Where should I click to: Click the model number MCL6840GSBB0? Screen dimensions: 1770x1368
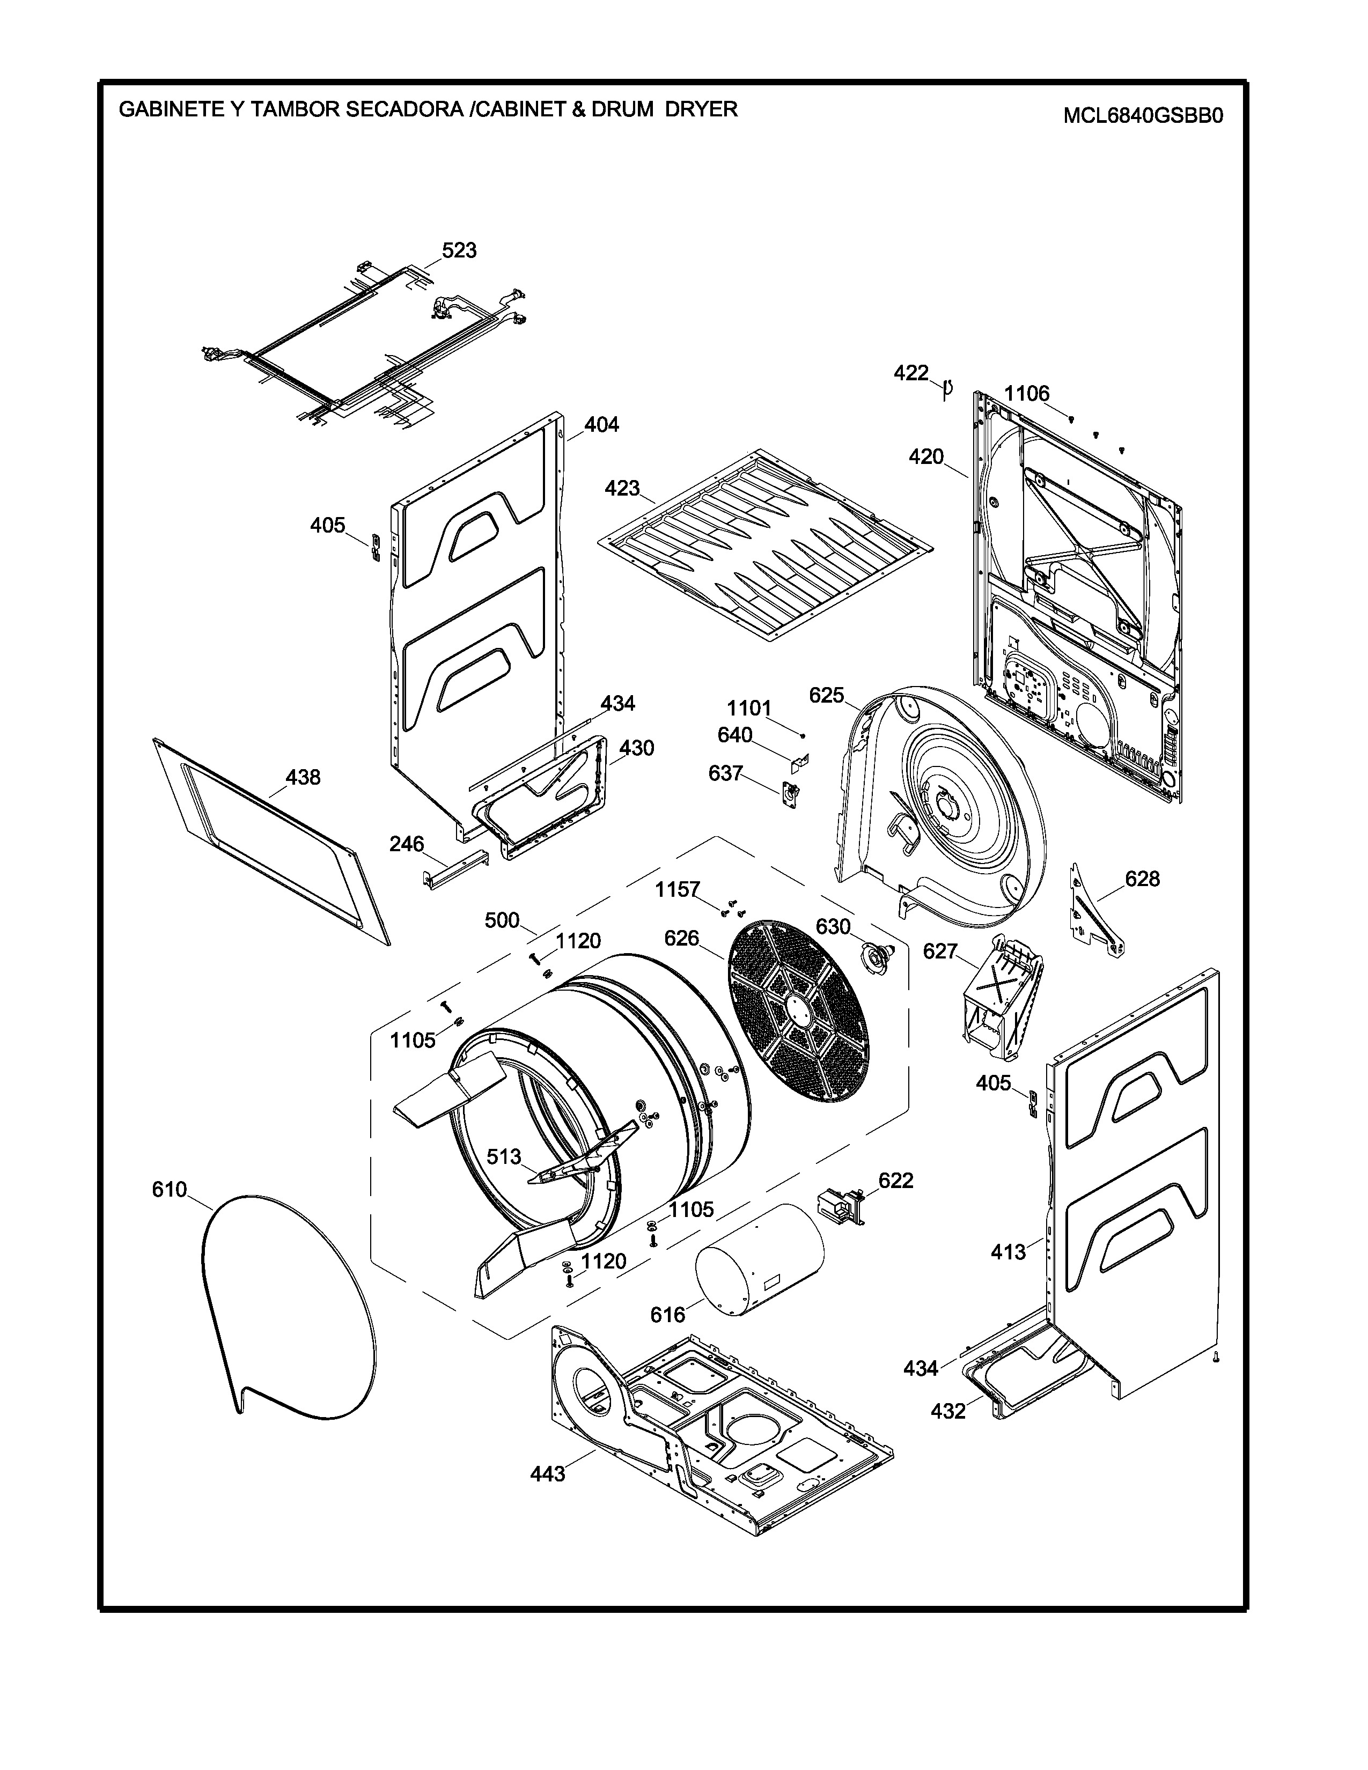(1142, 116)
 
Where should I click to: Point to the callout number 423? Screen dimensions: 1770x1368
(622, 489)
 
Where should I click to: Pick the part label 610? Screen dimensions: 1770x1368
(170, 1190)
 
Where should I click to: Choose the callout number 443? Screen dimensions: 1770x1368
(548, 1474)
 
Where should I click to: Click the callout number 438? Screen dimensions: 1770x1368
(303, 777)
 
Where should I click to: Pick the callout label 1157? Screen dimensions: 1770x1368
(678, 889)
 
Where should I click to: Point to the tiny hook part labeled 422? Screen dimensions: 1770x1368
(946, 388)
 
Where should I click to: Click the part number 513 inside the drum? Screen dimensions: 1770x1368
(504, 1156)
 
